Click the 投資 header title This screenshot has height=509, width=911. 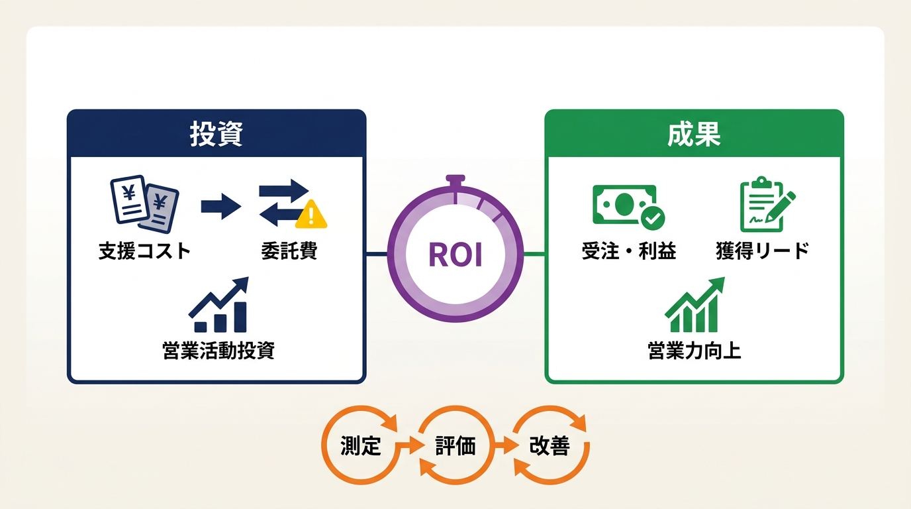pos(216,134)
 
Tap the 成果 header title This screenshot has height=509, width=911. pos(694,134)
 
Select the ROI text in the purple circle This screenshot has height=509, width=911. pos(455,255)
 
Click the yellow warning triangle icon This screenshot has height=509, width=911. pos(311,214)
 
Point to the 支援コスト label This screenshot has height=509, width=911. pos(145,251)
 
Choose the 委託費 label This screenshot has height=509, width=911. pos(289,251)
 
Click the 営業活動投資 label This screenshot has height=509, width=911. pos(218,351)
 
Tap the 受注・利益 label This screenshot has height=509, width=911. pos(629,251)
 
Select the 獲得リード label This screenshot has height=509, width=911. pos(763,251)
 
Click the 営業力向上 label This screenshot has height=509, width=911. pos(695,351)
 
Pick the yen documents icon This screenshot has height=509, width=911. pos(144,204)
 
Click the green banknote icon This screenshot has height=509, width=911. pos(629,207)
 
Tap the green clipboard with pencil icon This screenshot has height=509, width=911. pos(767,204)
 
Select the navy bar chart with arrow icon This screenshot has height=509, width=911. pos(218,305)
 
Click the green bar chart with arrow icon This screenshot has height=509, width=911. pos(695,305)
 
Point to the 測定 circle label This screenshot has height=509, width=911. pos(360,446)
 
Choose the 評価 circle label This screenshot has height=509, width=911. pos(455,446)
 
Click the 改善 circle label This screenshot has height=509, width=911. pos(550,446)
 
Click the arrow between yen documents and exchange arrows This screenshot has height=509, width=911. pos(221,207)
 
